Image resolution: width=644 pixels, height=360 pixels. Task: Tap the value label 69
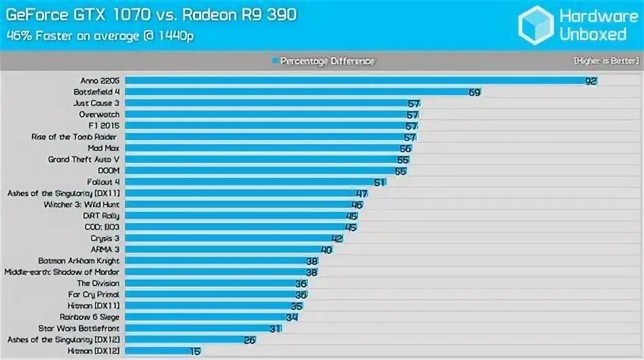[x=474, y=92]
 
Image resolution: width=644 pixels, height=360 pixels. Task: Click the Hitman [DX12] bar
[x=158, y=351]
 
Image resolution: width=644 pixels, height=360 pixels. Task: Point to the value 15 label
[x=196, y=351]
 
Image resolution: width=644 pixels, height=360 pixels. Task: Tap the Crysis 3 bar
[x=228, y=238]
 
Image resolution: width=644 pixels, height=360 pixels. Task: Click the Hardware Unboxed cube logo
[x=536, y=24]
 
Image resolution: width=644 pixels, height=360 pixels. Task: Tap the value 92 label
[x=591, y=81]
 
